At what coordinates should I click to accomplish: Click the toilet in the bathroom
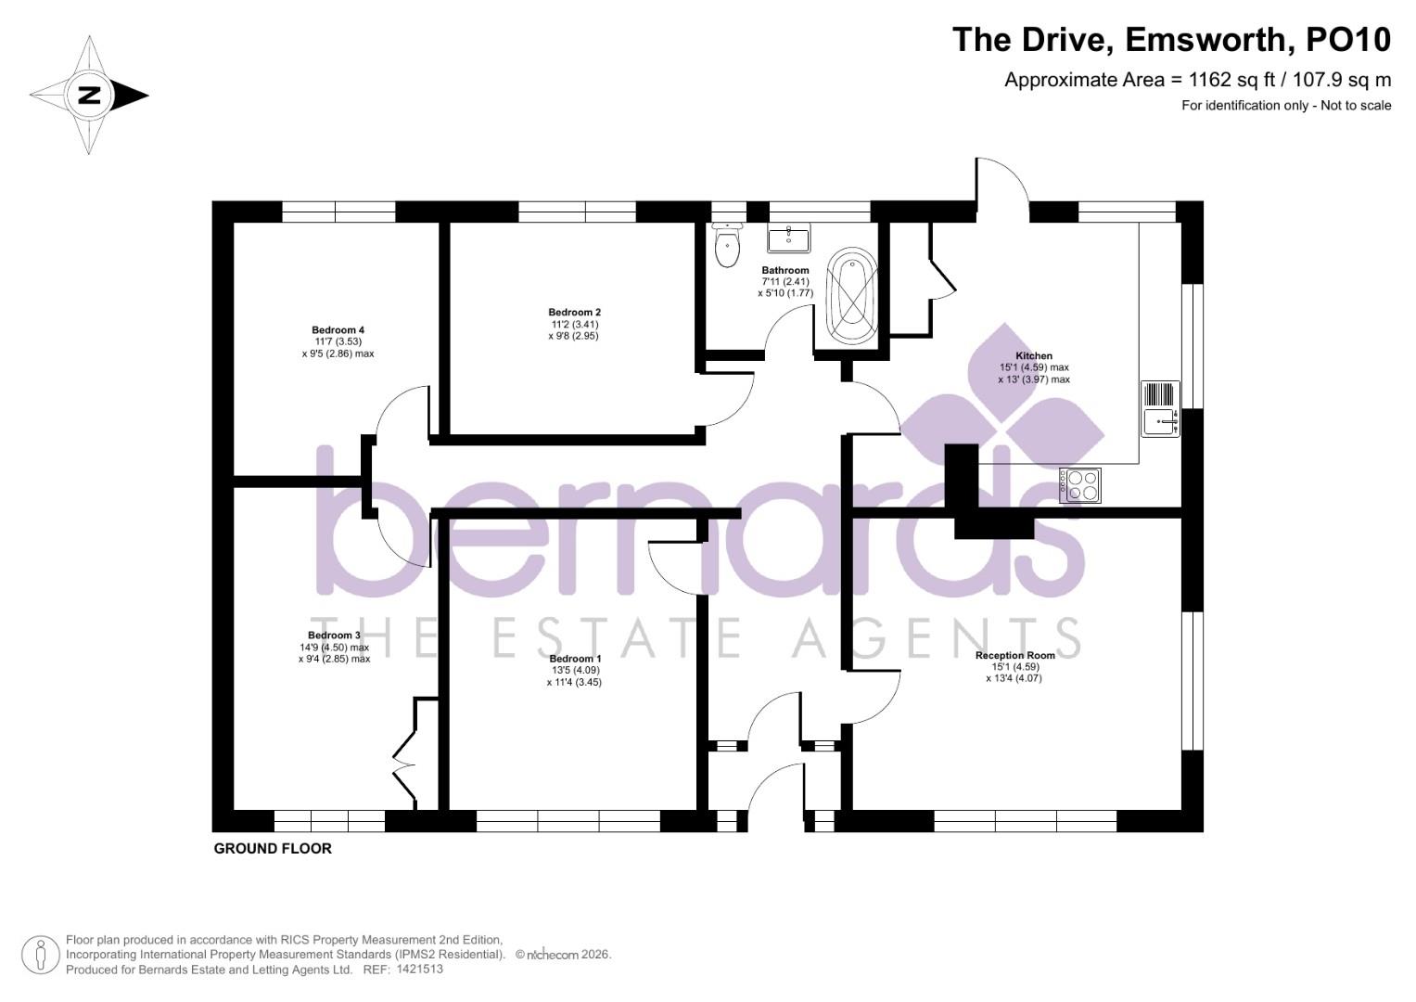[727, 246]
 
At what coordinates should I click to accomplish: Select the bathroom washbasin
[788, 238]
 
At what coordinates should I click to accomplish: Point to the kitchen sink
[1160, 422]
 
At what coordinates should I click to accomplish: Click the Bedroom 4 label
[338, 330]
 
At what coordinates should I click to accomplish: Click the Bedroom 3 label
[334, 636]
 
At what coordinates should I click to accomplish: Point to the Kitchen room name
[1034, 355]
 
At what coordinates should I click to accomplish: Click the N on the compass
[90, 95]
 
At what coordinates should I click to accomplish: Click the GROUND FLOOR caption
[273, 848]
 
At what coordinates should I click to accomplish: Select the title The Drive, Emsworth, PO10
[1171, 40]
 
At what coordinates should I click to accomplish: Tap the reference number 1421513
[419, 969]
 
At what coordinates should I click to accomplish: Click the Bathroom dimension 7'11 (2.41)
[785, 282]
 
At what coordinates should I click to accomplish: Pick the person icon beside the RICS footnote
[41, 955]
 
